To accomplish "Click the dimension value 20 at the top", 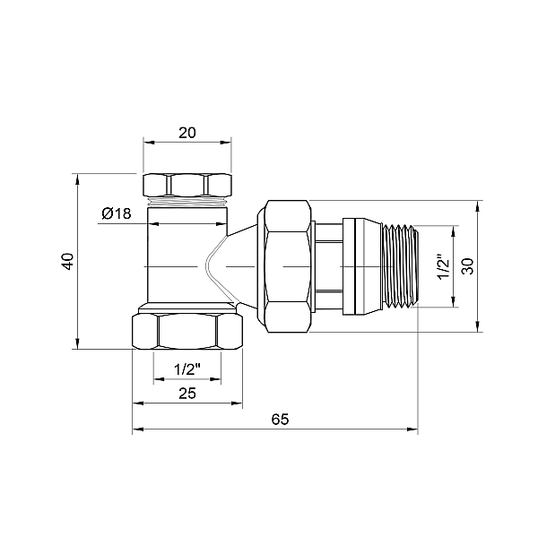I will pos(187,132).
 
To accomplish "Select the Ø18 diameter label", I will pos(117,213).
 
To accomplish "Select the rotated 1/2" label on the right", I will pos(441,265).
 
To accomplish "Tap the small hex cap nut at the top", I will pos(187,186).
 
